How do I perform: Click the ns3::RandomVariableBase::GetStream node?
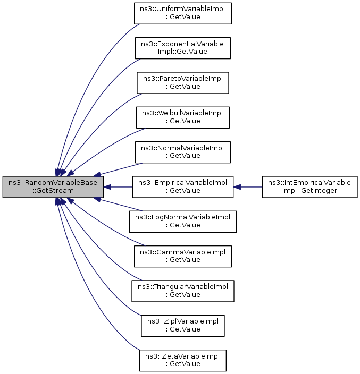tap(53, 187)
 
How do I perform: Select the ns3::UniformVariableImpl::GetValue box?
tap(182, 13)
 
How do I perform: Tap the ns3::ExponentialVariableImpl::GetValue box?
tap(182, 47)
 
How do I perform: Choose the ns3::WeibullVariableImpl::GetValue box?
tap(182, 117)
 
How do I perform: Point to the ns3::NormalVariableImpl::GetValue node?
tap(182, 151)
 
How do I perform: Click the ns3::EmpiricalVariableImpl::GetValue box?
tap(182, 187)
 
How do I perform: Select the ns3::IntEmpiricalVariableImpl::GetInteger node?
tap(309, 187)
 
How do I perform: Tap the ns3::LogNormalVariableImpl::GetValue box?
tap(182, 221)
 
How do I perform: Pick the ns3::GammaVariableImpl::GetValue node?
tap(182, 256)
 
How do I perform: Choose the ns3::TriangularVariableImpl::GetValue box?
tap(182, 290)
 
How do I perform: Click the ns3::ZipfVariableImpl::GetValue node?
tap(182, 325)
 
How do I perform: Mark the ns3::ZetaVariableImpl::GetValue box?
tap(182, 360)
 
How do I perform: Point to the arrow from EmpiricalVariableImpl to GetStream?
tap(118, 187)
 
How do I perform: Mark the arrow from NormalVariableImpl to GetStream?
tap(117, 168)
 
